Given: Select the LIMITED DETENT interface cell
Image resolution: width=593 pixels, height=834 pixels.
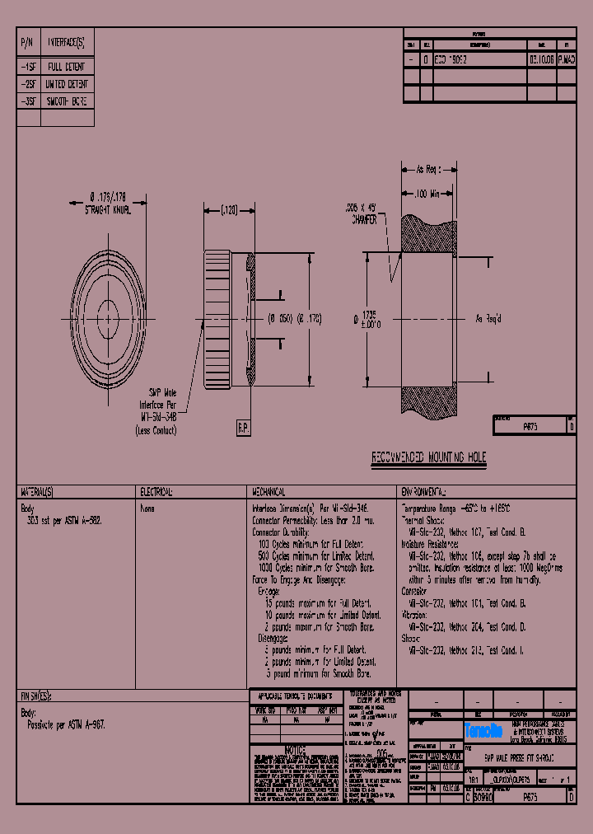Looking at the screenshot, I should click(x=67, y=84).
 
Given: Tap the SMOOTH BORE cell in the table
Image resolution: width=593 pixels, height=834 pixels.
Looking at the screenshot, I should click(x=66, y=101).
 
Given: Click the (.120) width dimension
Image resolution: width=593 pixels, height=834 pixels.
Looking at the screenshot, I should click(x=226, y=210).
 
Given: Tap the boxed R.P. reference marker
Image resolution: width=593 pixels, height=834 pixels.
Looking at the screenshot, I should click(x=244, y=428).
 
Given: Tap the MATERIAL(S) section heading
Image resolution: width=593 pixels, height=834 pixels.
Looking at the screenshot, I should click(x=38, y=491).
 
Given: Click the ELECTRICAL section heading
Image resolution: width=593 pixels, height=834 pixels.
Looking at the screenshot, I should click(x=156, y=491).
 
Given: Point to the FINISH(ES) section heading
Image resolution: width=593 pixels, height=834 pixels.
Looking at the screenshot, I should click(x=35, y=696).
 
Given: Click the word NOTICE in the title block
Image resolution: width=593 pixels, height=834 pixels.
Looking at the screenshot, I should click(x=295, y=750).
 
